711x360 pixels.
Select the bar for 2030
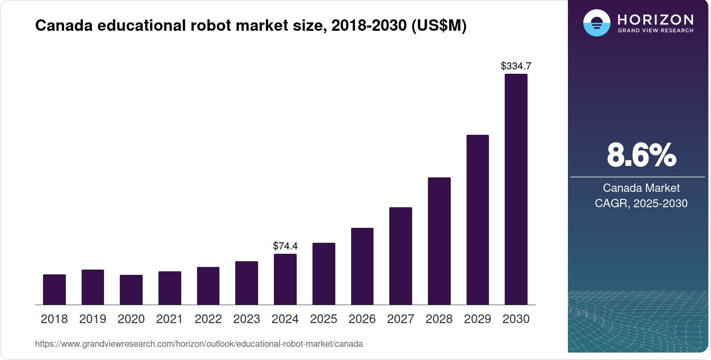coord(516,189)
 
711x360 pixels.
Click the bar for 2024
coord(285,279)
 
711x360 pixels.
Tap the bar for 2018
coord(54,290)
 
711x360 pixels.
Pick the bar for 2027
coord(401,256)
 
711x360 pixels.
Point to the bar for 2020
coord(131,290)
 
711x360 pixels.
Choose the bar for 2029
coord(478,220)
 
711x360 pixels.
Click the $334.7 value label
coord(516,66)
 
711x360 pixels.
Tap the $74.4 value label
coord(285,246)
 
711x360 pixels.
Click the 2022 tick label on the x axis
coord(208,319)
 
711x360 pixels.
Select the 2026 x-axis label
coord(362,319)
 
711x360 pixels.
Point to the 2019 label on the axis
coord(93,319)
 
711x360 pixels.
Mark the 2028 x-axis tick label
coord(439,319)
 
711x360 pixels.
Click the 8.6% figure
coord(641,155)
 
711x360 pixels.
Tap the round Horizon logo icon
coord(596,23)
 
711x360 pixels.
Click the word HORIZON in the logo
coord(656,19)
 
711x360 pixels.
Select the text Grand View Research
coord(656,31)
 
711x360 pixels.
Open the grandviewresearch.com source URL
coord(199,344)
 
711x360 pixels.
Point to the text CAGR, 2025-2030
coord(641,203)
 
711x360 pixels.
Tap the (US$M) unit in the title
coord(439,25)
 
